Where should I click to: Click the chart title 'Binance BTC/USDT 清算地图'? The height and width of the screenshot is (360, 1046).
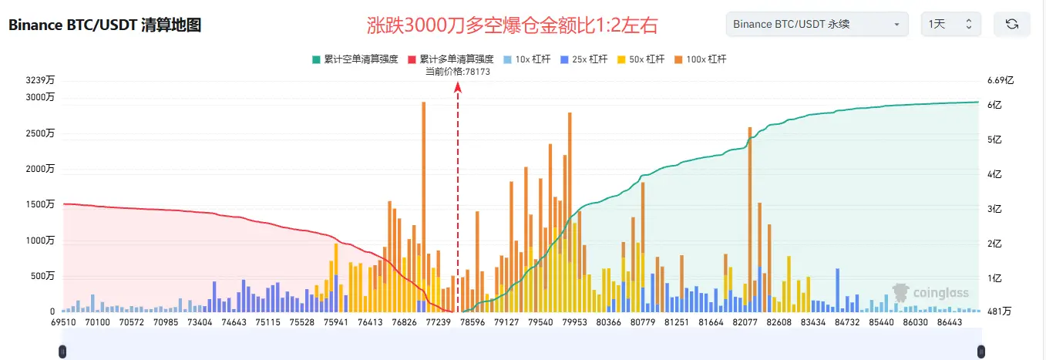tap(105, 25)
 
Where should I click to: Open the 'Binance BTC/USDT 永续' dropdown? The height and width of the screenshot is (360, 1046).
tap(816, 25)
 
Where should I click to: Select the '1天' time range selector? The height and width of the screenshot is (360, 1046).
tap(950, 25)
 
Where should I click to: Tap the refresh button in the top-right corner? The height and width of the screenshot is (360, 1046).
tap(1012, 25)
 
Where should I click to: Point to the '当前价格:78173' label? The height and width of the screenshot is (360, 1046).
tap(458, 71)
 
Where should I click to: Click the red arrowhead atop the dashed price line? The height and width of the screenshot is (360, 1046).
tap(458, 87)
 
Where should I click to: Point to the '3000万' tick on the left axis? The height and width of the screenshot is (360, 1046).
tap(40, 97)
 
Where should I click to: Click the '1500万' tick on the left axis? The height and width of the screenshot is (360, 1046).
tap(40, 204)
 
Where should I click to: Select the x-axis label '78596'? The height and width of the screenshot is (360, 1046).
tap(472, 321)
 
